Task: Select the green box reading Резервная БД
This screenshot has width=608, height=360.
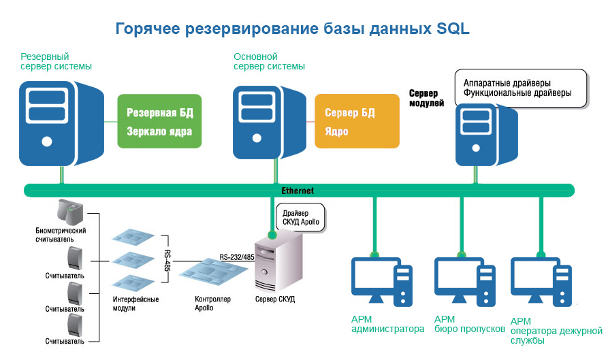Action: click(x=160, y=121)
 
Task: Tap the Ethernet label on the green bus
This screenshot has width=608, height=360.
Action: click(x=298, y=191)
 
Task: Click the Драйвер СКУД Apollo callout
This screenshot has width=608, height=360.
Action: click(x=300, y=218)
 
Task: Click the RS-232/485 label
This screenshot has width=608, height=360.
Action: click(x=236, y=257)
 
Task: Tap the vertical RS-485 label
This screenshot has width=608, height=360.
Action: click(x=167, y=260)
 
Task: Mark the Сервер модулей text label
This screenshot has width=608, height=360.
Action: click(x=426, y=98)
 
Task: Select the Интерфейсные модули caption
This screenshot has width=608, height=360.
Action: click(x=135, y=304)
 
